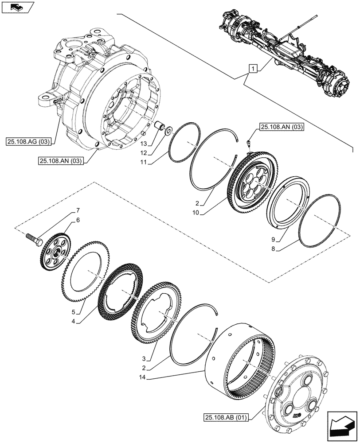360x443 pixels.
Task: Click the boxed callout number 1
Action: [252, 69]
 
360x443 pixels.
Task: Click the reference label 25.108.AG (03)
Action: [29, 142]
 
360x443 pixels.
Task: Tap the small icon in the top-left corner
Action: [16, 7]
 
